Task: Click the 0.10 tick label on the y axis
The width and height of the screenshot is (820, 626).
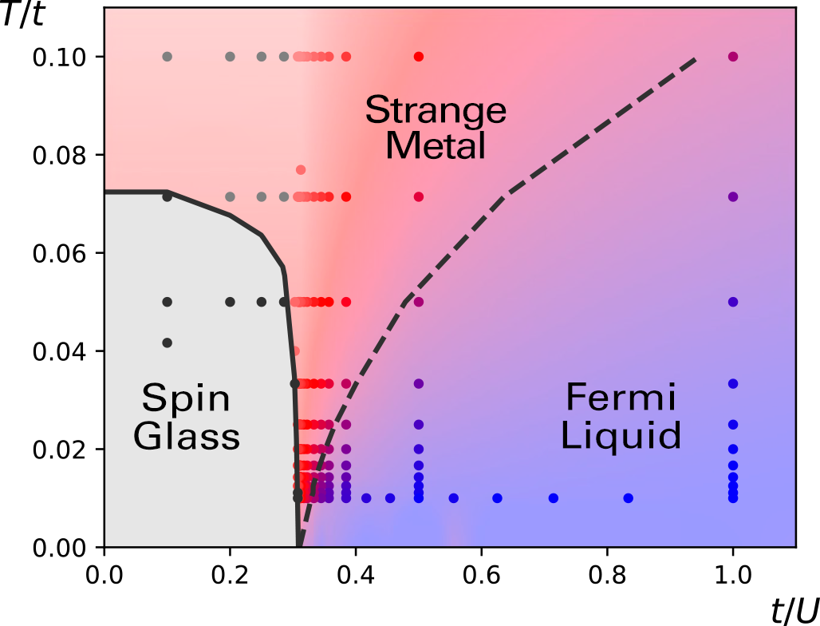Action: (x=59, y=57)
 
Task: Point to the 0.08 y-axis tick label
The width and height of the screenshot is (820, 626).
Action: (x=59, y=156)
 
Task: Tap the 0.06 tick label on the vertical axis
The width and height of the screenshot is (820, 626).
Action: (x=59, y=253)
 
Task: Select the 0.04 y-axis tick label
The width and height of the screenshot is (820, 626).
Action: (x=59, y=351)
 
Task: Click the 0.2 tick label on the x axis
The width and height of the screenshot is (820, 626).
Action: (x=230, y=575)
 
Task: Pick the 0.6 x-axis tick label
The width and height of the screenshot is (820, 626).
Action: (x=481, y=575)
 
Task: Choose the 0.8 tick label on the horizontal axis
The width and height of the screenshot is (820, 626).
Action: (x=607, y=575)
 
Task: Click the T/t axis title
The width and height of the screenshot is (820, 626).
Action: (x=22, y=14)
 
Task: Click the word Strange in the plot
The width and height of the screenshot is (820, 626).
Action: (x=436, y=110)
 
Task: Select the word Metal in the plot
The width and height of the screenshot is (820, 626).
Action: (x=436, y=145)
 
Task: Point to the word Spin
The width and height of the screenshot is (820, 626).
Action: (x=186, y=399)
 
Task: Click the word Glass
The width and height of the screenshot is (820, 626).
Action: (x=187, y=436)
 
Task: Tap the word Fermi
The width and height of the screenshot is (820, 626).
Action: (x=621, y=398)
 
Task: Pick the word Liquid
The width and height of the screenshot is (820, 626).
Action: (x=621, y=435)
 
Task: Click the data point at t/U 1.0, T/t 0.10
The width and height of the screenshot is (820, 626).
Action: (x=733, y=57)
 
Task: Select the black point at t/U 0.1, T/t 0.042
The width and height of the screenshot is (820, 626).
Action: (x=168, y=343)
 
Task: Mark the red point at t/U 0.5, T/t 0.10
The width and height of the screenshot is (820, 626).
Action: (x=418, y=57)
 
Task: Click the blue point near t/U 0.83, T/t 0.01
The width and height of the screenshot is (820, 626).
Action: (x=629, y=497)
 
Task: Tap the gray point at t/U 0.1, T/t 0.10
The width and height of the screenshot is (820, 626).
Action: (x=168, y=57)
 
